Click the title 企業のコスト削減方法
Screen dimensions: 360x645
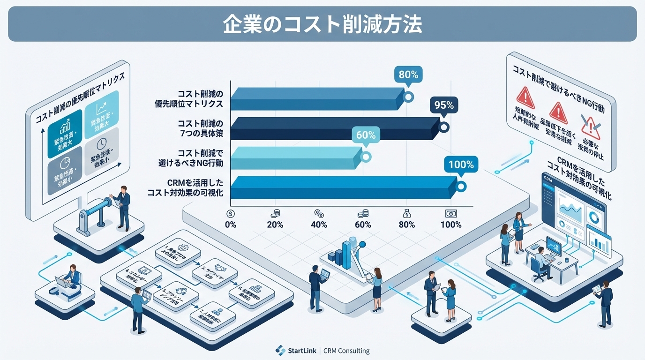[322, 24]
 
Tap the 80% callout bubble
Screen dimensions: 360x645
[408, 75]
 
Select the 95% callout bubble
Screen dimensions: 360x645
[443, 105]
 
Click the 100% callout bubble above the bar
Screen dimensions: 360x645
[461, 165]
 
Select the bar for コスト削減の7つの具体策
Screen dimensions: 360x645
[335, 128]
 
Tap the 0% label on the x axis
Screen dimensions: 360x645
[231, 225]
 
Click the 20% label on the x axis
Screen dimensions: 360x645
[275, 225]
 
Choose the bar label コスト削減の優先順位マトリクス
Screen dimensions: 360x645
[188, 98]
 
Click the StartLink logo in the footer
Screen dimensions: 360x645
[280, 350]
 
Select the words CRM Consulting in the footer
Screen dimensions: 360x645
[346, 351]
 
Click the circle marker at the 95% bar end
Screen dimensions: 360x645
[443, 127]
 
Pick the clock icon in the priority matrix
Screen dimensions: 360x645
[101, 143]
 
